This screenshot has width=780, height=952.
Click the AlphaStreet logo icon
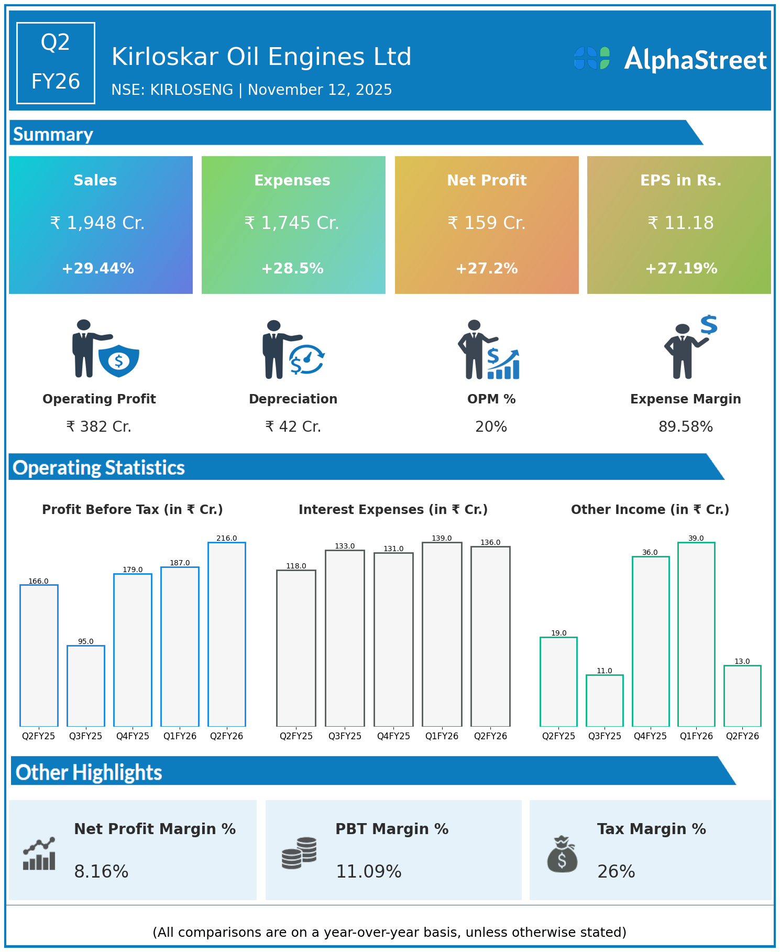click(x=592, y=58)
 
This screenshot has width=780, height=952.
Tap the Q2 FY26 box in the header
click(x=56, y=63)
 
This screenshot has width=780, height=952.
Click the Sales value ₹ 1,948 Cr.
click(x=97, y=223)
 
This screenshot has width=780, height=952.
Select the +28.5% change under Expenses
click(x=292, y=269)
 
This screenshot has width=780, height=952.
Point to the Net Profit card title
click(x=487, y=180)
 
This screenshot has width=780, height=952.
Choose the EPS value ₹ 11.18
click(x=680, y=223)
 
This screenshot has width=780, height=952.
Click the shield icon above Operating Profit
click(x=119, y=360)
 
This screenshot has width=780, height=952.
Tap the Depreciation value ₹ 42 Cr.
click(x=293, y=427)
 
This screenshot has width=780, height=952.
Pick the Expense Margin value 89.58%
click(x=686, y=427)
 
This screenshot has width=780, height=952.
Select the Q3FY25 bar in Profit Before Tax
click(x=86, y=686)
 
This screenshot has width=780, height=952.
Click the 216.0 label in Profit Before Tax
click(x=227, y=538)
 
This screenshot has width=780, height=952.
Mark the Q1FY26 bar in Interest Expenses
click(x=442, y=634)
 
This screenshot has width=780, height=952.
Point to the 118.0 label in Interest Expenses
click(x=296, y=566)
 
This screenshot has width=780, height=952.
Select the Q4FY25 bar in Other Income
click(x=651, y=641)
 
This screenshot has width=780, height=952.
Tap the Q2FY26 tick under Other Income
click(x=742, y=736)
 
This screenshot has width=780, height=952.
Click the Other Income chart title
click(x=650, y=510)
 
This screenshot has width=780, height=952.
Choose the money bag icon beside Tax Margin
click(x=562, y=855)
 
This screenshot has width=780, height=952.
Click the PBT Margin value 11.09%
click(x=369, y=872)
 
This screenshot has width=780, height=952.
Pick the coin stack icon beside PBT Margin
click(x=299, y=853)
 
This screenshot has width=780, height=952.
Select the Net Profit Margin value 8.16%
click(x=101, y=872)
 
